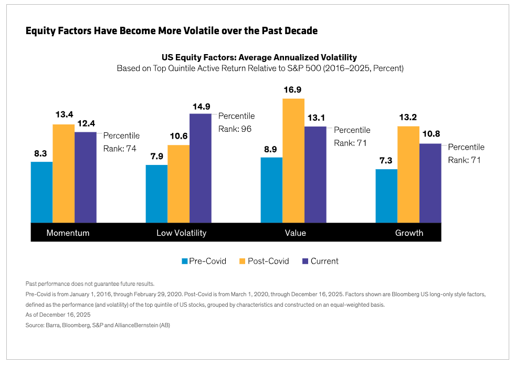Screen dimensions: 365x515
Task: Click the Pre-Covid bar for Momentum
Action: [x=41, y=192]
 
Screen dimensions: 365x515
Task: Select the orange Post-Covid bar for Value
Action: [x=293, y=161]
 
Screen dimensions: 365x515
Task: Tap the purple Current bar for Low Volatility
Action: [x=200, y=168]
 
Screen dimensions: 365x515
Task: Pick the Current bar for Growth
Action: [x=430, y=183]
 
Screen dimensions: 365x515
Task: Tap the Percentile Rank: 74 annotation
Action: [x=121, y=142]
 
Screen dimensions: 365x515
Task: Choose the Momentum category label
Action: [x=68, y=233]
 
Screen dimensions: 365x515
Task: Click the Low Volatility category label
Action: [x=182, y=233]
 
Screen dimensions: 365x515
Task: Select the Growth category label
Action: [x=409, y=233]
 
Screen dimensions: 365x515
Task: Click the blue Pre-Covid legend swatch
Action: [x=184, y=261]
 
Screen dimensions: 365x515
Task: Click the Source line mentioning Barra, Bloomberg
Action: [x=98, y=325]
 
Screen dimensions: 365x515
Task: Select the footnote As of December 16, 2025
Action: [x=58, y=315]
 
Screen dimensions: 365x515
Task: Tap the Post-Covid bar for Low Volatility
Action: [x=178, y=184]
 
